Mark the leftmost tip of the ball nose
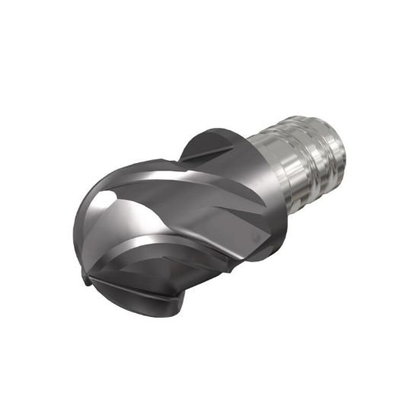click(83, 259)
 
